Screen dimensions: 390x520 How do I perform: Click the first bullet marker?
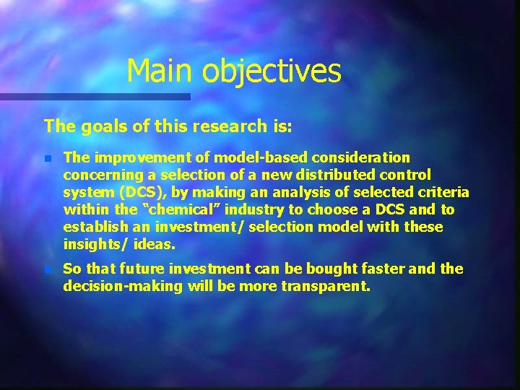tap(47, 158)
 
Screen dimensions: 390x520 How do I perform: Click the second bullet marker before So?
tap(47, 269)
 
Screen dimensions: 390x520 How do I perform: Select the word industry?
tap(261, 210)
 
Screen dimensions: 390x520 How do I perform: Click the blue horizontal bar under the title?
tap(94, 96)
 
